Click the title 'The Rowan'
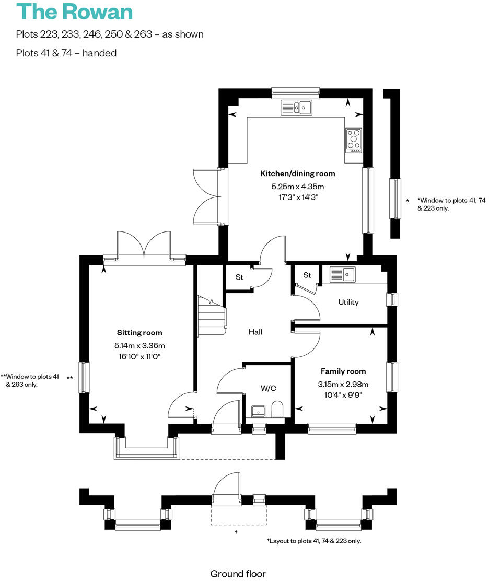[75, 11]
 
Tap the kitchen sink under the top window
[296, 108]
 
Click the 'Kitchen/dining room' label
[298, 173]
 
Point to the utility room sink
[343, 274]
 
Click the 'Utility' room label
[348, 302]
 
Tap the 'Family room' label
[343, 371]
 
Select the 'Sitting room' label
[139, 333]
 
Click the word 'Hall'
[255, 332]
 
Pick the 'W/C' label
[268, 388]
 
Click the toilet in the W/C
[277, 410]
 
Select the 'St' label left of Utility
[307, 275]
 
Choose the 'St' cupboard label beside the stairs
[239, 277]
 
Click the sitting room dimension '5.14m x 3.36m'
[139, 345]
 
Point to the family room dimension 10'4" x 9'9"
[343, 394]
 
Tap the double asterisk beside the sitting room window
[70, 378]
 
